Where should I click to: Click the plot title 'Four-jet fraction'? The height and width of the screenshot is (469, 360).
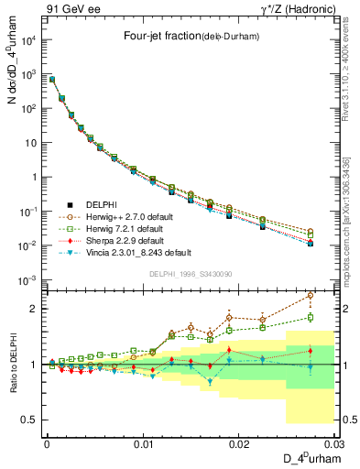pyautogui.click(x=169, y=37)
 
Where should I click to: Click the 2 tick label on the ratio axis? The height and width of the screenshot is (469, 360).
pyautogui.click(x=35, y=309)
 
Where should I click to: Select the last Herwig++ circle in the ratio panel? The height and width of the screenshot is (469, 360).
pyautogui.click(x=310, y=295)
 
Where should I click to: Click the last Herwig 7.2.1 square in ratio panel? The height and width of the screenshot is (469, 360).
pyautogui.click(x=310, y=318)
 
